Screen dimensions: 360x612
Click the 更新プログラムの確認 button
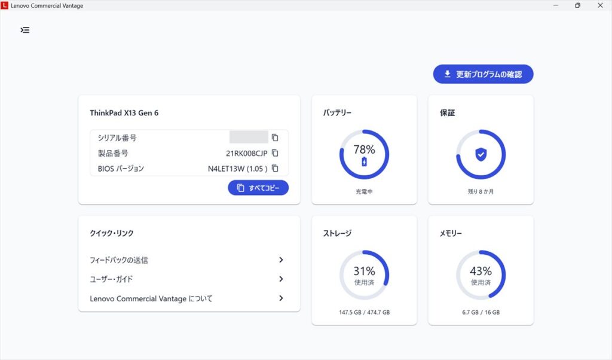point(483,74)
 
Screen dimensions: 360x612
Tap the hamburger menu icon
point(25,30)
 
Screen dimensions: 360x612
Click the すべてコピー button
point(258,188)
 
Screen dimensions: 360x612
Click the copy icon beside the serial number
point(275,138)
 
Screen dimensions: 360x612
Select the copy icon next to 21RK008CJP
point(275,153)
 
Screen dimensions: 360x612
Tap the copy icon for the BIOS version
point(275,169)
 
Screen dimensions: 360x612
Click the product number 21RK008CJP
point(246,153)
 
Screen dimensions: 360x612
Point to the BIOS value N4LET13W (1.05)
point(237,169)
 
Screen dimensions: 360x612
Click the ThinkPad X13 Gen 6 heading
point(124,112)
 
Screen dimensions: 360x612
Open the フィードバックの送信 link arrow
point(281,260)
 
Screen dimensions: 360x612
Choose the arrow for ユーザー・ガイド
point(281,279)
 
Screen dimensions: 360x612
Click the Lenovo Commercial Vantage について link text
point(151,298)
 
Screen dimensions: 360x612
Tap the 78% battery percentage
point(364,150)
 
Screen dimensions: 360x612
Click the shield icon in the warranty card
point(481,155)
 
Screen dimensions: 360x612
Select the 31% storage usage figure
point(364,271)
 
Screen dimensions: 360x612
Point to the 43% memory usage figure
point(481,271)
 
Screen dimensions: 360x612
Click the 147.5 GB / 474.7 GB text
point(364,312)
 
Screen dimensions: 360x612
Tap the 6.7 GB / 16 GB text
point(481,312)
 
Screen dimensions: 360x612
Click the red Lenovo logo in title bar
point(5,5)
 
